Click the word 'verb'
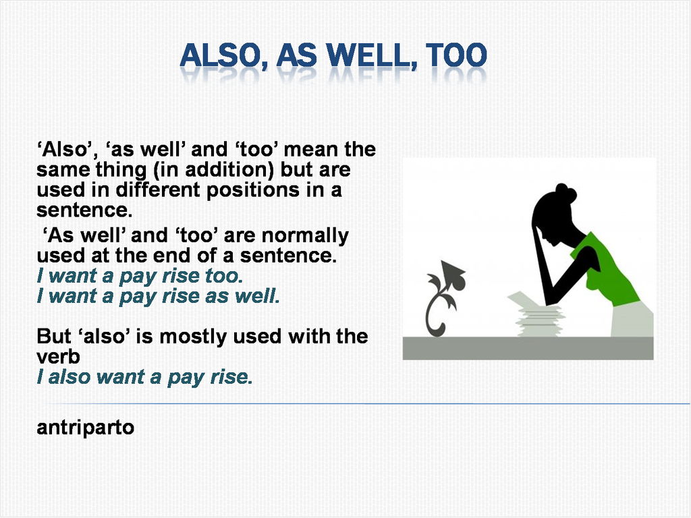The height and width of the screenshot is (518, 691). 58,357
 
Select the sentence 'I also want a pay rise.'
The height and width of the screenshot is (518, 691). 145,377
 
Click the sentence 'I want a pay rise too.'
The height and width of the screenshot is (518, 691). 140,276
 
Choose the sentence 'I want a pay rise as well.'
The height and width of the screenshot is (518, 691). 159,296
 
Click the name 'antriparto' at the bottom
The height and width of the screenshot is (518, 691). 86,428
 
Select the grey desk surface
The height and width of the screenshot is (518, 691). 528,348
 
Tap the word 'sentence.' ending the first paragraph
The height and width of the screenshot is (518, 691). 84,210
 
